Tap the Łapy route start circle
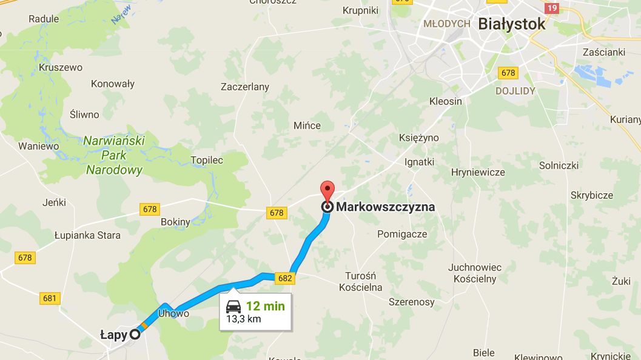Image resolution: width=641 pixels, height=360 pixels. tap(135, 334)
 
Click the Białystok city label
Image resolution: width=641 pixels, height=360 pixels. tap(512, 24)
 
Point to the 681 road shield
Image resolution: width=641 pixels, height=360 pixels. tap(50, 298)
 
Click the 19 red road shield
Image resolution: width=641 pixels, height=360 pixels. tap(551, 8)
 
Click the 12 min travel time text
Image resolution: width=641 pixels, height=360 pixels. tap(265, 306)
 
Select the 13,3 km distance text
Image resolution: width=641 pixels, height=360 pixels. tap(244, 319)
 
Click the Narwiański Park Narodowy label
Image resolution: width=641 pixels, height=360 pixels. tap(114, 155)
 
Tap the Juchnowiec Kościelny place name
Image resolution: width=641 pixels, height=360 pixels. tap(475, 273)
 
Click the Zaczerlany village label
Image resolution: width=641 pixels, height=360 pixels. tap(245, 87)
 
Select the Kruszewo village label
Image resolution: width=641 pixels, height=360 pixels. tap(61, 67)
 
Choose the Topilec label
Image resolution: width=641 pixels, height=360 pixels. tap(207, 161)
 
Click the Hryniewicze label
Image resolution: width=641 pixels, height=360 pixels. tap(478, 172)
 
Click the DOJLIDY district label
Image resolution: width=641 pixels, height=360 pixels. tap(515, 91)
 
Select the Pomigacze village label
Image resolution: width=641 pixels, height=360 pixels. tap(402, 234)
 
